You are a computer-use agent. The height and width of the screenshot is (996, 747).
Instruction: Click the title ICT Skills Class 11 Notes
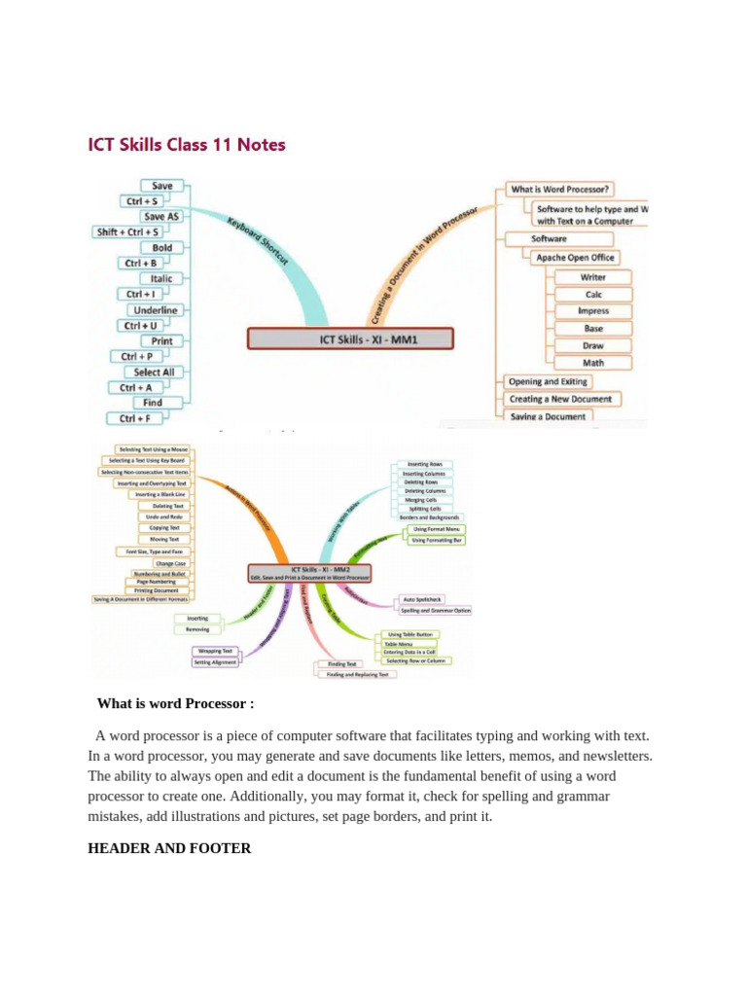(187, 145)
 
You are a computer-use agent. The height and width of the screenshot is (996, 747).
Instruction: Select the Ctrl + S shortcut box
(142, 201)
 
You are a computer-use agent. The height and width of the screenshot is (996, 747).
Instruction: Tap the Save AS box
(161, 217)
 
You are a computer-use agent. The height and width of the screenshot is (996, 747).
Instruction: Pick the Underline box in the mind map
(156, 310)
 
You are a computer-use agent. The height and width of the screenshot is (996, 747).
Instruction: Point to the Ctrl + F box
(134, 418)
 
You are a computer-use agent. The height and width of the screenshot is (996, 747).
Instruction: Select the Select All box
(155, 372)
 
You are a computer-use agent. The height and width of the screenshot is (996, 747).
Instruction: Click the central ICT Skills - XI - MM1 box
(350, 338)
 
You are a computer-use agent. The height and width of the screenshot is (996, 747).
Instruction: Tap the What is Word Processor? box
(562, 189)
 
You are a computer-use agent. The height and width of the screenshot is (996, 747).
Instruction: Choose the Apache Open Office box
(576, 258)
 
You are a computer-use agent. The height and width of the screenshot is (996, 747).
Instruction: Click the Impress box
(593, 311)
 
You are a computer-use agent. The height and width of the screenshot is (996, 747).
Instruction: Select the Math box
(593, 363)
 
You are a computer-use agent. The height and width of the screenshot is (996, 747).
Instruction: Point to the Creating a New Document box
(561, 399)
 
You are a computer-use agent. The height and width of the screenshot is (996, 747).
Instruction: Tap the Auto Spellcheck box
(422, 599)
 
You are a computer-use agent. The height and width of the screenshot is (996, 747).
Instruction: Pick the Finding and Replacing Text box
(357, 674)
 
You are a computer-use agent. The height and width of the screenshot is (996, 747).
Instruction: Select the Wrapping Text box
(215, 651)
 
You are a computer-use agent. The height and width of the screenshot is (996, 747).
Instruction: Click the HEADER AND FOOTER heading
(169, 848)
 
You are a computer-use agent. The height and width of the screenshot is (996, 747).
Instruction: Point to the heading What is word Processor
(175, 703)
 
